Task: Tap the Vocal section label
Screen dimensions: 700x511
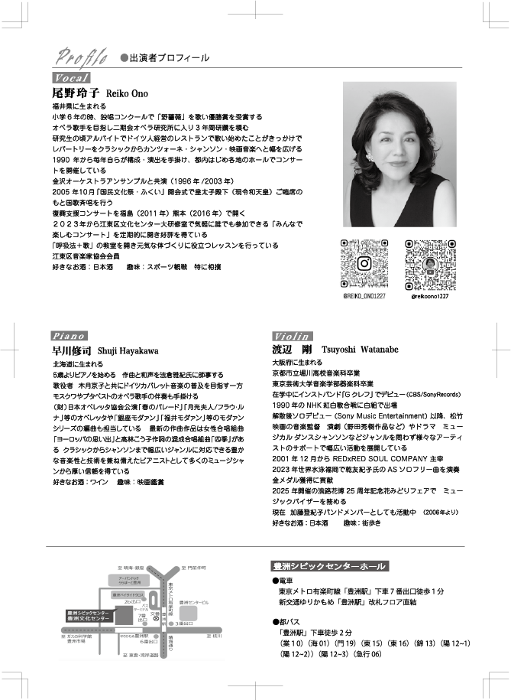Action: [72, 78]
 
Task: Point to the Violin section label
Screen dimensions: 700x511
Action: [293, 335]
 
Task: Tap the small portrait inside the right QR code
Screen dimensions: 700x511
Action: [429, 263]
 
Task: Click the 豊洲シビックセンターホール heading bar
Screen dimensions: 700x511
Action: [329, 567]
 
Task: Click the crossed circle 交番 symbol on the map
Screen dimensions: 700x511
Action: [156, 617]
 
